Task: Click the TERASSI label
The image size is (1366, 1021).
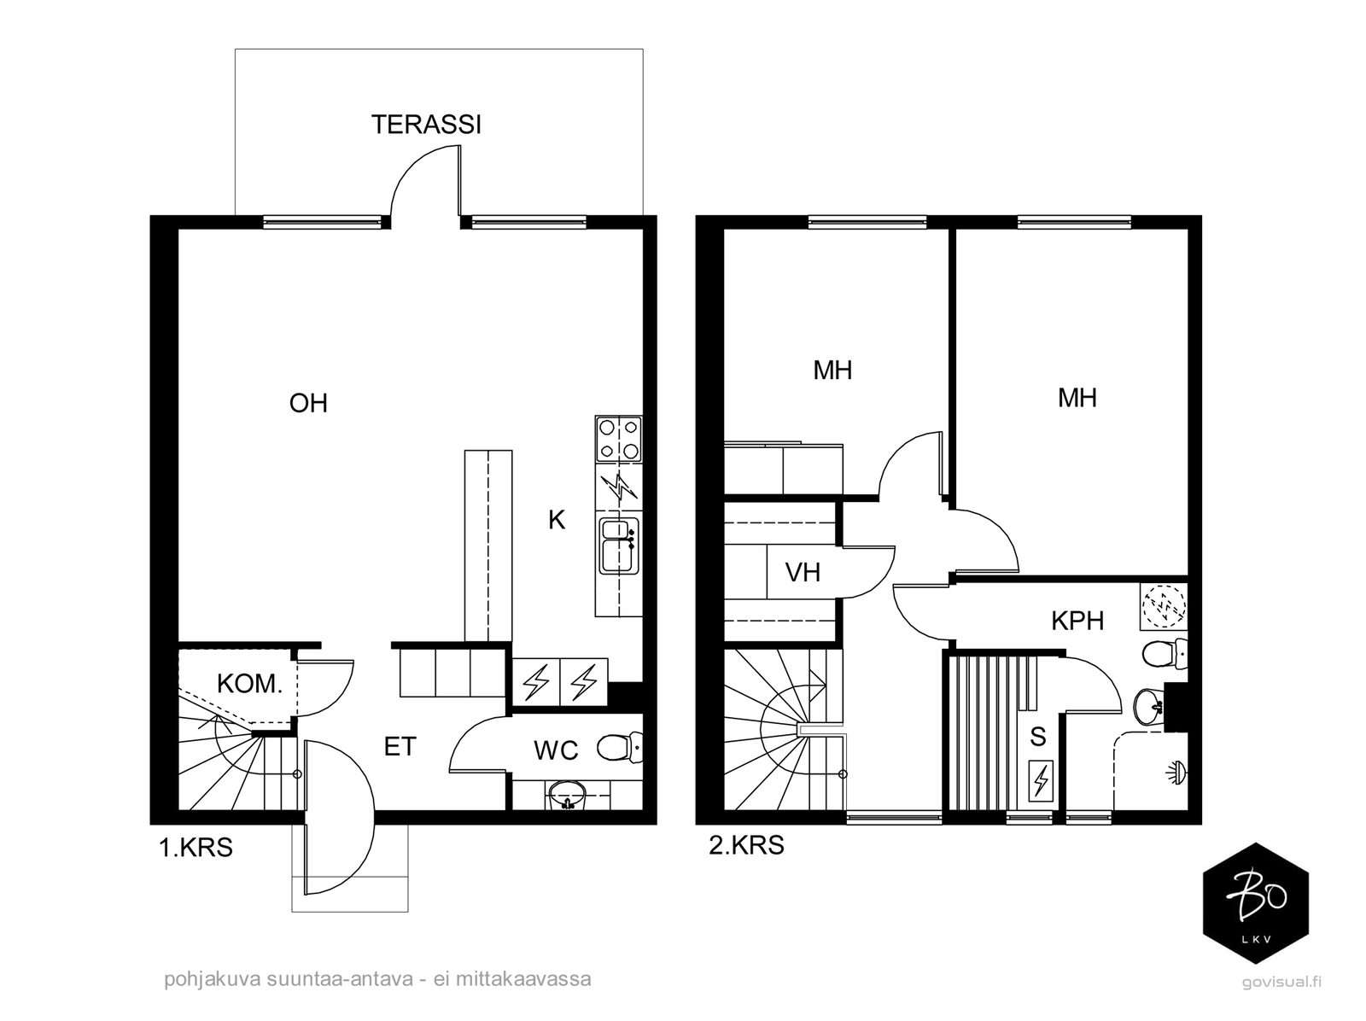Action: [x=426, y=125]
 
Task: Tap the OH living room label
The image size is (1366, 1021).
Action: [x=308, y=403]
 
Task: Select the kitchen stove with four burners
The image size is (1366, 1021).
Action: [x=619, y=439]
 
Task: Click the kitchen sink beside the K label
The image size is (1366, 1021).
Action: [x=619, y=546]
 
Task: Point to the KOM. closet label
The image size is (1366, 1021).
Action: [x=249, y=684]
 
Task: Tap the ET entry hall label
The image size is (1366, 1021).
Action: [x=400, y=747]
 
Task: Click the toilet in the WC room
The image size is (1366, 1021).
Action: [x=619, y=747]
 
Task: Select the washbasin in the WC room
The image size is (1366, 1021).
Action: [x=567, y=795]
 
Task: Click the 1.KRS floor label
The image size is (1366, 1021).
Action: [x=196, y=848]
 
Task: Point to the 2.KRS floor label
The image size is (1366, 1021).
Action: [x=746, y=845]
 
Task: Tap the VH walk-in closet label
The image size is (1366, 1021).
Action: [x=803, y=573]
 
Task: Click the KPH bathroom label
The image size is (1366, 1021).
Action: [x=1077, y=621]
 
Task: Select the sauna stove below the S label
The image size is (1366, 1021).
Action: [x=1040, y=780]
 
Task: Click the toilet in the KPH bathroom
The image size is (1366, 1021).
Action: [x=1165, y=656]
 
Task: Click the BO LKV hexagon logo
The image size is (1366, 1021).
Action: [x=1255, y=903]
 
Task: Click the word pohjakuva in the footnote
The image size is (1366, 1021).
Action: [x=213, y=979]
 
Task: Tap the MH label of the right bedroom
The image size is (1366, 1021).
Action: [x=1077, y=398]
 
